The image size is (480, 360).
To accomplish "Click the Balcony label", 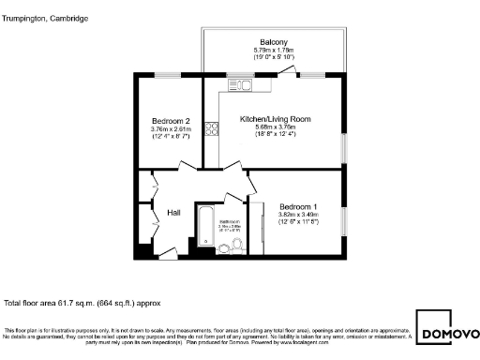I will point(274,42).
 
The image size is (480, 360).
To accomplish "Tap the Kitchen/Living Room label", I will point(275,120).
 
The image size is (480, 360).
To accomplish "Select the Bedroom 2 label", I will point(171,121).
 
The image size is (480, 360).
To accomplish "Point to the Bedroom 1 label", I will point(298,206).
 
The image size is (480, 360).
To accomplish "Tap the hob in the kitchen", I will point(212,130).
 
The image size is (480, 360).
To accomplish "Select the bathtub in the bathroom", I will point(203,229).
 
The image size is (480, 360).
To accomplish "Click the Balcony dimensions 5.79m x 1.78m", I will point(274,50).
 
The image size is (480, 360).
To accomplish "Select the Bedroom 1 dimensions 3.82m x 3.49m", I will point(298,215).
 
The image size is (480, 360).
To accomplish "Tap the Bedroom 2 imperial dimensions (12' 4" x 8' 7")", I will point(171,137).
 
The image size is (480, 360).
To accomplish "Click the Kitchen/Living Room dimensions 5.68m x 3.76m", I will point(275,128).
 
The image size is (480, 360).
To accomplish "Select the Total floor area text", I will point(83,304).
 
